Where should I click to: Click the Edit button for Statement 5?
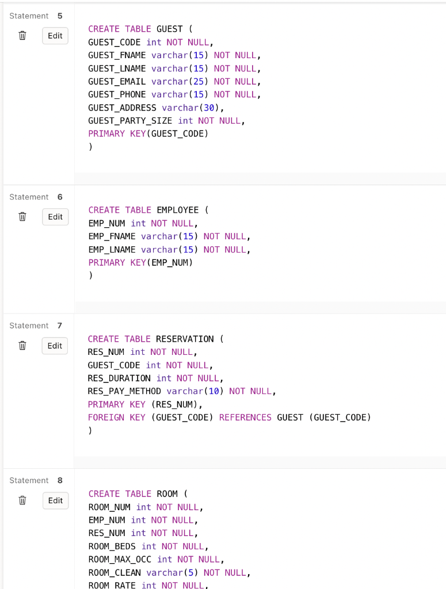click(55, 36)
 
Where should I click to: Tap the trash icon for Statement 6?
click(22, 217)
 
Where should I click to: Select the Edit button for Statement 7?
click(55, 346)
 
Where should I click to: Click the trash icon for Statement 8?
click(22, 500)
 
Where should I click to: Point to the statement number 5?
click(60, 16)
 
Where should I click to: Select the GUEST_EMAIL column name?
click(117, 82)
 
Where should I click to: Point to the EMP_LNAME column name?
click(112, 250)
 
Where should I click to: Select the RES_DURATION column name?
click(119, 378)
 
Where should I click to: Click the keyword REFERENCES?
click(245, 418)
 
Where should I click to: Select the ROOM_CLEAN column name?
click(115, 573)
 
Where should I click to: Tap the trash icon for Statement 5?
click(22, 36)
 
